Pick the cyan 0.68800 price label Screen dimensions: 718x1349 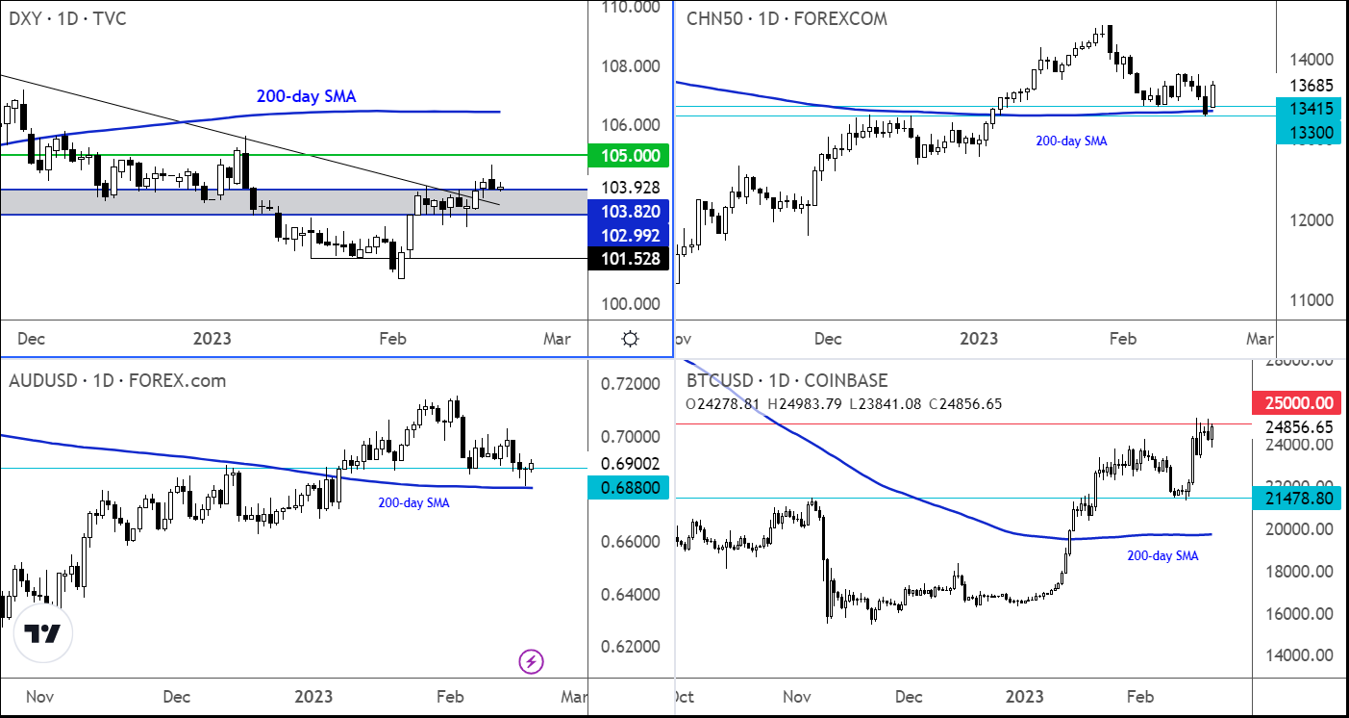[629, 488]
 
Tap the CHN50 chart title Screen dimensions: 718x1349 [787, 18]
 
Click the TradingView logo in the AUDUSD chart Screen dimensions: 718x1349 [42, 635]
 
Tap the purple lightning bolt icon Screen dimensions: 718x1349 [532, 661]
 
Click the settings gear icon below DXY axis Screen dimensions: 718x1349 [630, 339]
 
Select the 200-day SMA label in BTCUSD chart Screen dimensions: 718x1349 [1162, 555]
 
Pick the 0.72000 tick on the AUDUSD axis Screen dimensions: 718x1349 [629, 385]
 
